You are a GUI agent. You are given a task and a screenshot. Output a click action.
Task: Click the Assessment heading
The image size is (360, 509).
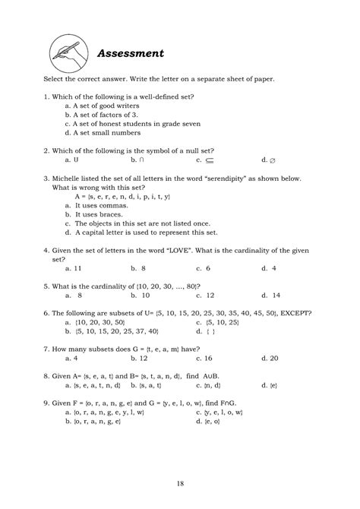pos(131,54)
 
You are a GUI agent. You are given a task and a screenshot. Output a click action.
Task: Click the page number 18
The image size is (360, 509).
pos(179,480)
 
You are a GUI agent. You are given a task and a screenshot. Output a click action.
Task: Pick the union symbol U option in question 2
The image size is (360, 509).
pos(77,160)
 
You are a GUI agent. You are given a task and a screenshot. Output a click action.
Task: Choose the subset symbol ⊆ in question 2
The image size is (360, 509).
pos(209,160)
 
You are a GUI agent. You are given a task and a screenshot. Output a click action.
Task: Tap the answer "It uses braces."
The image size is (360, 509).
pos(105,215)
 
